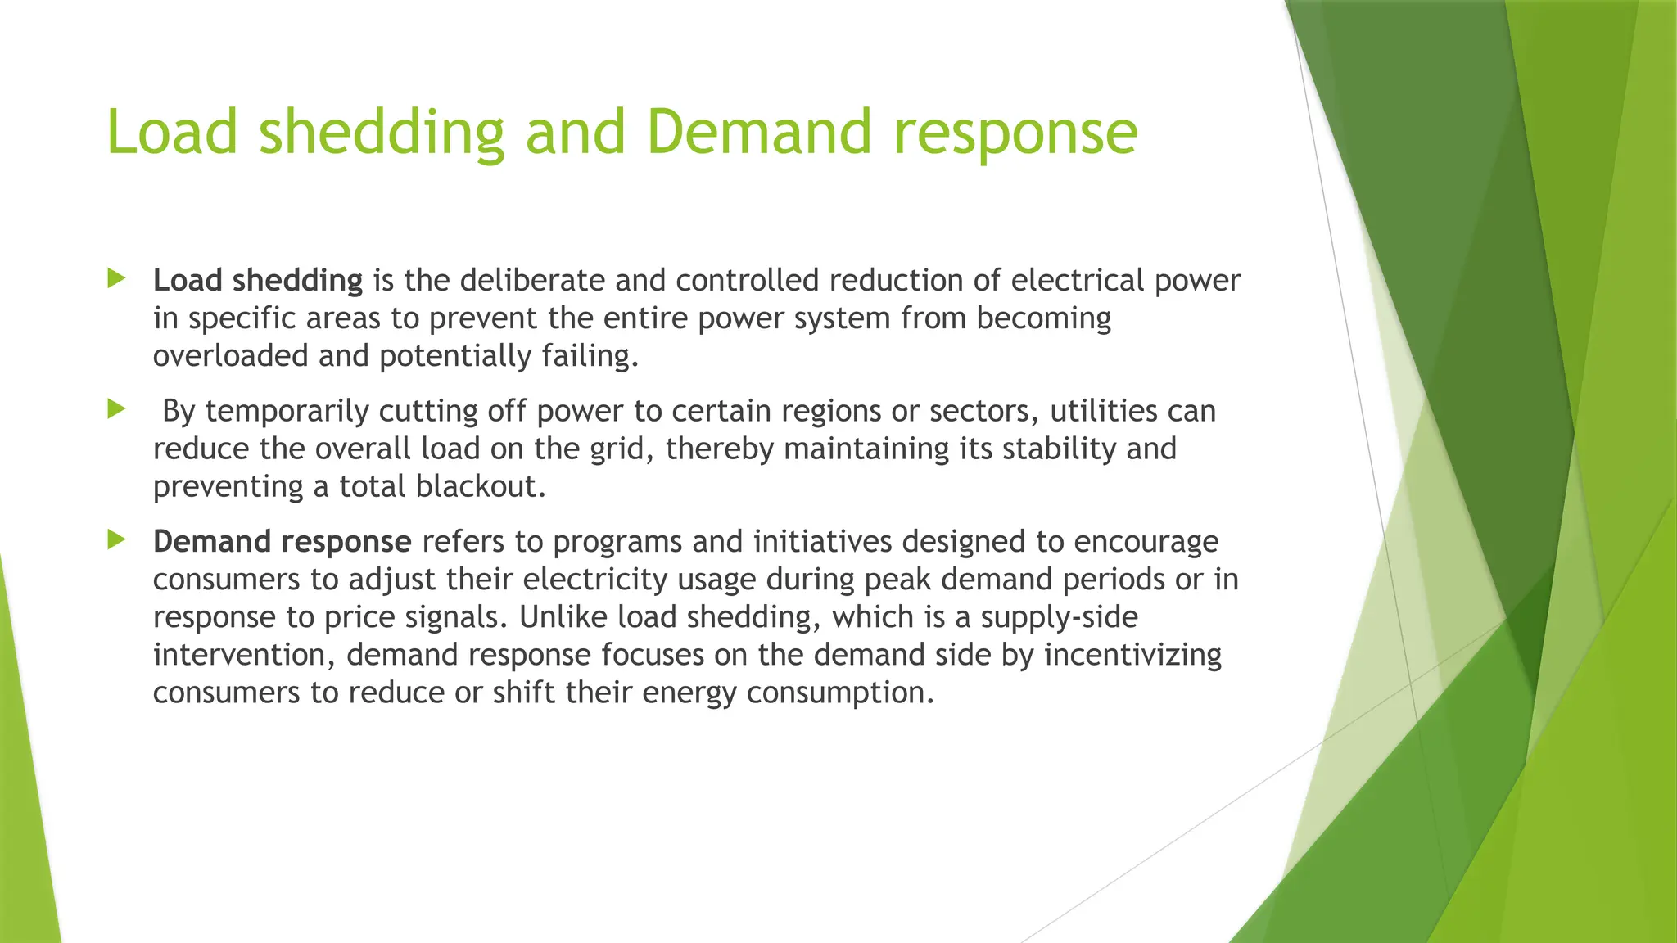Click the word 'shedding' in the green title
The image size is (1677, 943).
tap(382, 133)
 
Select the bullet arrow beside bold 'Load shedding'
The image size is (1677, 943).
tap(116, 279)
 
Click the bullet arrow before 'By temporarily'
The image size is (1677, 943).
tap(116, 409)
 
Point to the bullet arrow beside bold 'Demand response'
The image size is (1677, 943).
tap(116, 539)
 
